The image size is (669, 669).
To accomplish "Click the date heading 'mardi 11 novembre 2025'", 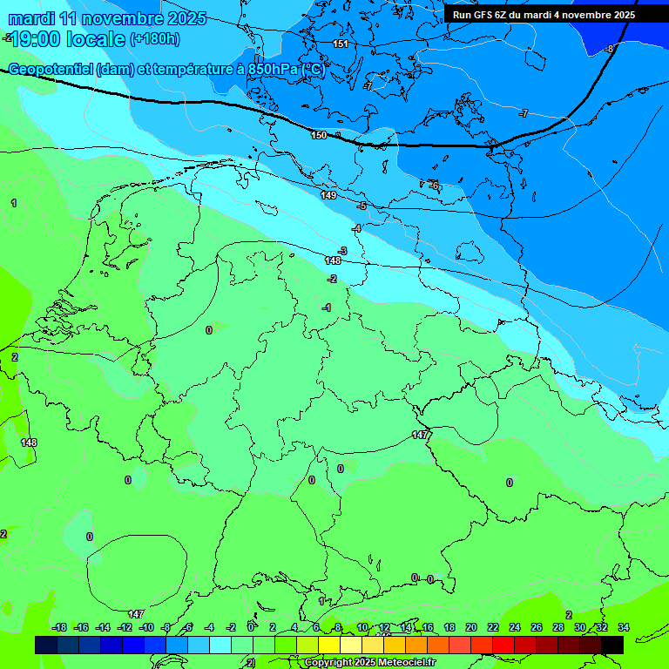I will coord(107,18).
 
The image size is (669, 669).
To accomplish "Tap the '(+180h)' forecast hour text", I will coord(154,38).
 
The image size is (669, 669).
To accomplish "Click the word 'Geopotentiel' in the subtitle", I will coord(51,70).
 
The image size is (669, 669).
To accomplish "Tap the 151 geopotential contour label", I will coord(341,44).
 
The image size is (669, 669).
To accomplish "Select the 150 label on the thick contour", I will coord(319,135).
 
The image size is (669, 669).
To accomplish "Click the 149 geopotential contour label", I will coord(328,195).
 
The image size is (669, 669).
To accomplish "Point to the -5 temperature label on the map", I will coord(362,206).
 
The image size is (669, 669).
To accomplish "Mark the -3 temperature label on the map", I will coord(342,251).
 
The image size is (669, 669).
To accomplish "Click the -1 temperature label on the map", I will coord(327,307).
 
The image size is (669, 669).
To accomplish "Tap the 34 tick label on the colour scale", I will coord(624,627).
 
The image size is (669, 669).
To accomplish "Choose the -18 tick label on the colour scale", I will coord(59,627).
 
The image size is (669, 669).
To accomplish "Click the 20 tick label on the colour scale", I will coord(471,627).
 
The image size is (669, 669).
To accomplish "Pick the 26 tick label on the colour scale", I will coord(537,627).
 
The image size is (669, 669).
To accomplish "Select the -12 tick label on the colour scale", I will coord(125,627).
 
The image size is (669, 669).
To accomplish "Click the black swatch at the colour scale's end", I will coord(612,645).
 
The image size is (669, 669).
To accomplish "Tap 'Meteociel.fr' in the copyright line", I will coord(395,663).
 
